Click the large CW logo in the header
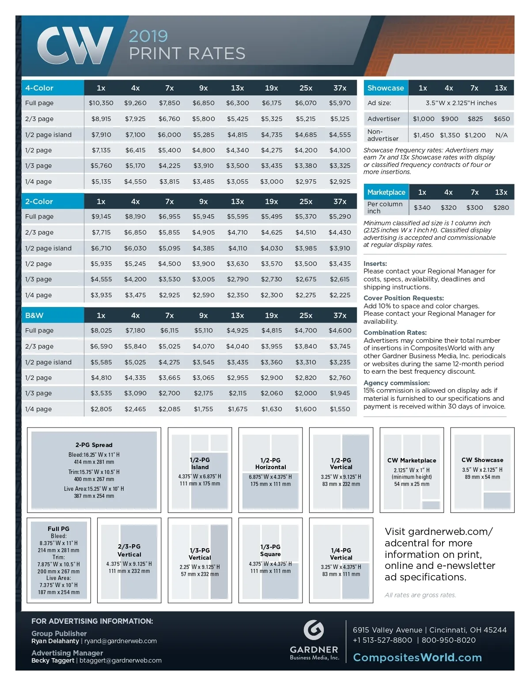pos(75,45)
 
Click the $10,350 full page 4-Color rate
pos(101,103)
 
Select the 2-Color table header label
pos(39,201)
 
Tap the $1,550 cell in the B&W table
pos(340,409)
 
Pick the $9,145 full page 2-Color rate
pos(101,216)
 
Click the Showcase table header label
pos(386,88)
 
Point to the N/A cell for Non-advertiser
pos(501,135)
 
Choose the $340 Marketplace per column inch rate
pos(422,208)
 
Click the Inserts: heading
pos(375,264)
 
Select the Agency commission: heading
pos(397,383)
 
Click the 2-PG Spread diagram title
pos(94,445)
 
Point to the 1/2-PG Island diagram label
pos(200,463)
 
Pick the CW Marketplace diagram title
pos(412,460)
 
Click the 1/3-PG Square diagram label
pos(270,550)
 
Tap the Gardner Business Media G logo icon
pos(314,630)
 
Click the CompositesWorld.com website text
pos(417,657)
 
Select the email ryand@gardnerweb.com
pos(121,641)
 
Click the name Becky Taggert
pos(53,660)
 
